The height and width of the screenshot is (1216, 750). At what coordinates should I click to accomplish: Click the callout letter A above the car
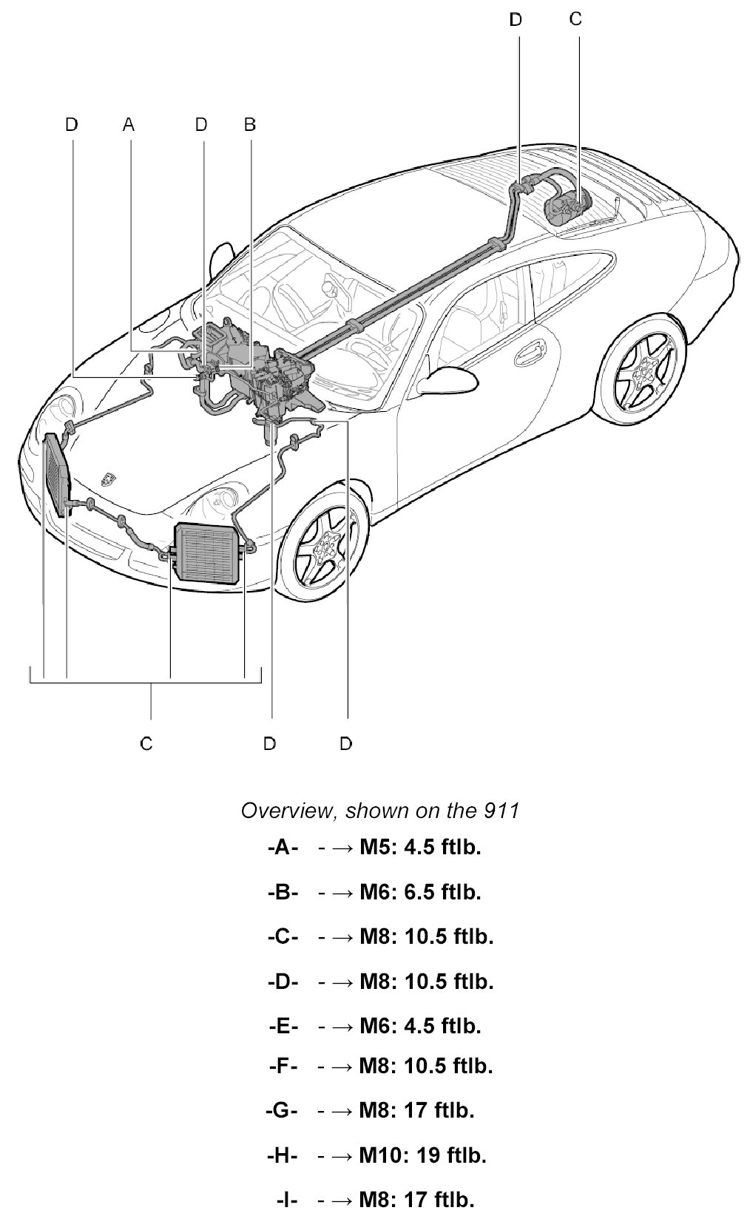pos(129,124)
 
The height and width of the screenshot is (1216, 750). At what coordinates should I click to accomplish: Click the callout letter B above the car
pos(250,124)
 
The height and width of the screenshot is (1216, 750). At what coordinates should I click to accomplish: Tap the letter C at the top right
pos(575,19)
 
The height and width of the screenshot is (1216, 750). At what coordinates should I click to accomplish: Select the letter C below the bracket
pos(146,743)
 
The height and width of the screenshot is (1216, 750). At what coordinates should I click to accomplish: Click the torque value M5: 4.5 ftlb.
pos(420,847)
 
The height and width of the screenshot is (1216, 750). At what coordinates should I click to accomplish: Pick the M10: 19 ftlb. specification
pos(422,1155)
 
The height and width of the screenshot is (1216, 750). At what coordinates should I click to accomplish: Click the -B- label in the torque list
pos(283,892)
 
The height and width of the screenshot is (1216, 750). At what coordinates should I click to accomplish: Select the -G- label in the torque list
pos(281,1110)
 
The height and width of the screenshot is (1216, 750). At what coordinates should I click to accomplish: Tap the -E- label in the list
pos(283,1026)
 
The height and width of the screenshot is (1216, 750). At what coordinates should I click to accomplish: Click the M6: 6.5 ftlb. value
pos(420,892)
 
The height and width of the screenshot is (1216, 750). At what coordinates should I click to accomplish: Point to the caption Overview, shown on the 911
pos(380,811)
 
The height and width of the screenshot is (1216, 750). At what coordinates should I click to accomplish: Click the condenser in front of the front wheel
pos(206,553)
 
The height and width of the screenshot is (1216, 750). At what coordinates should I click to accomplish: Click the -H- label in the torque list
pos(281,1155)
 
